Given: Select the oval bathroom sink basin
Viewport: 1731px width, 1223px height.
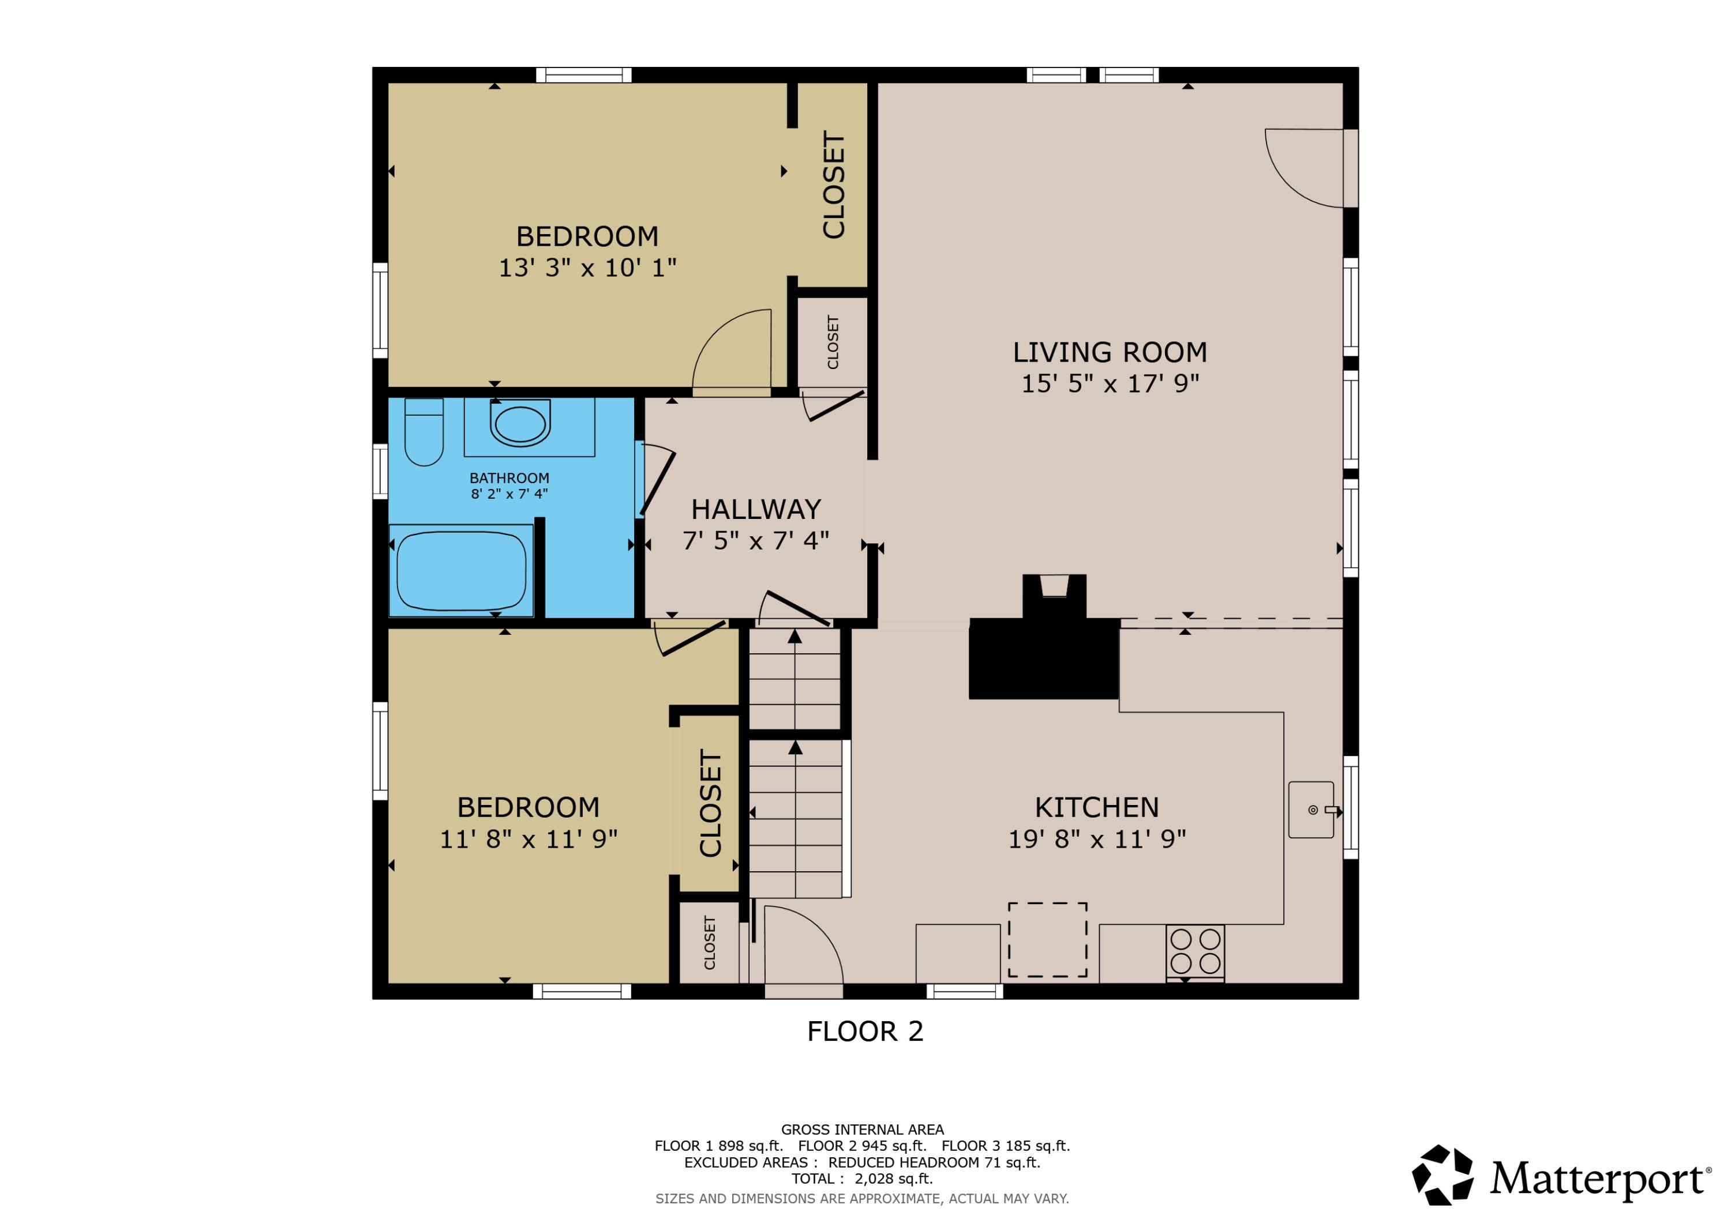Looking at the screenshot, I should [x=520, y=425].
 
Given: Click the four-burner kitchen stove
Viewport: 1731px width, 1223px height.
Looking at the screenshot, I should [x=1195, y=952].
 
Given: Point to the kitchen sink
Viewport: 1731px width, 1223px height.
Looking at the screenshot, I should [x=1311, y=810].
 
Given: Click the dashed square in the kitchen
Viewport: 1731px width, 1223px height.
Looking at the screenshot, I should [x=1047, y=940].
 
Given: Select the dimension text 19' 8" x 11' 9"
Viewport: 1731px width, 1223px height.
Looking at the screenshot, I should [x=1097, y=840].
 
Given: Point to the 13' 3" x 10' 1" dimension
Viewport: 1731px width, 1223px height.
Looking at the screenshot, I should [x=587, y=268].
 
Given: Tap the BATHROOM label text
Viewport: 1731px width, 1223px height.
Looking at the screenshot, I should [x=509, y=479].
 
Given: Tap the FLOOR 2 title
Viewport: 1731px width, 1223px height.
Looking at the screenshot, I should [x=865, y=1032].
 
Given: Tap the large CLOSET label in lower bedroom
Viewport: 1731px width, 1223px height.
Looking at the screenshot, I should [x=710, y=803].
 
